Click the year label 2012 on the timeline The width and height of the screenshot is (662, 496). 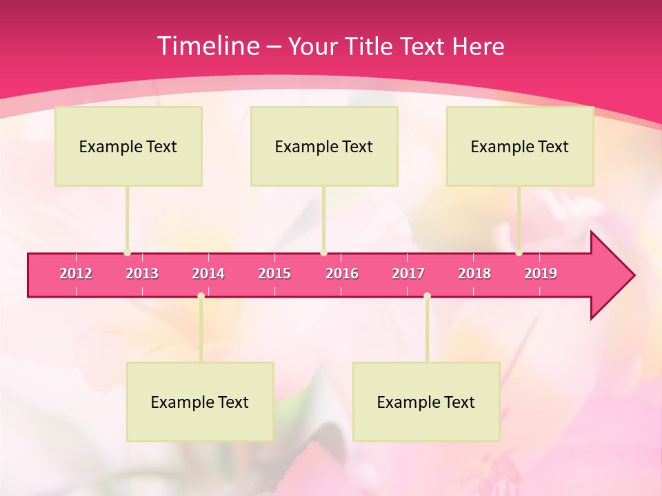[76, 273]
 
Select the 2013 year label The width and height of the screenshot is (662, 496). [142, 273]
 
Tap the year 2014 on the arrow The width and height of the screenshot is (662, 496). [208, 273]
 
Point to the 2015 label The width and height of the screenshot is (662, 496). [274, 273]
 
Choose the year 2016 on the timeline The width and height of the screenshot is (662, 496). [342, 273]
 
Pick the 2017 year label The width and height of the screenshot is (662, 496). [408, 273]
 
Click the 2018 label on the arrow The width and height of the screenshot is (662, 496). [474, 273]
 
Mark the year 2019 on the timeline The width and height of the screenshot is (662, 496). [541, 273]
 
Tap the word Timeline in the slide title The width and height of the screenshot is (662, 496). [206, 46]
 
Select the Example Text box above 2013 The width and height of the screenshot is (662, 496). [128, 146]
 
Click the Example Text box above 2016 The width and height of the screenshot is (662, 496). [324, 146]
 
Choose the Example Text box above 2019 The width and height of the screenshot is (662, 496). [520, 146]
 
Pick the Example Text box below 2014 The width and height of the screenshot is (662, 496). [200, 402]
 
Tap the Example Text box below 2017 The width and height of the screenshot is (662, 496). [426, 402]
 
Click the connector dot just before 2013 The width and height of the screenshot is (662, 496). [127, 253]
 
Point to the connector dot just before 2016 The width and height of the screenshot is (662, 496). [323, 253]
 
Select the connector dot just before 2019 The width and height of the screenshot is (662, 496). [519, 253]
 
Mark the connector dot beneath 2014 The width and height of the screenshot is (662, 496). [201, 296]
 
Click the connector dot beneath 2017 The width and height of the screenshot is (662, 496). [427, 296]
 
